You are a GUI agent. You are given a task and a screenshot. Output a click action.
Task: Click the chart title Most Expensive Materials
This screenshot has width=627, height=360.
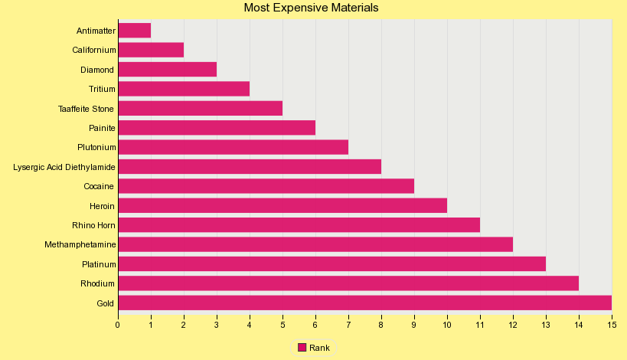pos(311,8)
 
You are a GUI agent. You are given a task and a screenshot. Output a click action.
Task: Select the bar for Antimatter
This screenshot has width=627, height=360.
pos(134,31)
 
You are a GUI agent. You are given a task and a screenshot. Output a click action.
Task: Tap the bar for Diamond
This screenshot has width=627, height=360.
pos(167,70)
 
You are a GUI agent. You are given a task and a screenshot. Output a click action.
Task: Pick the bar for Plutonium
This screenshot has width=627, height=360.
pos(233,147)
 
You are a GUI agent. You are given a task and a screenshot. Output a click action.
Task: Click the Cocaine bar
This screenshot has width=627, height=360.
pos(266,186)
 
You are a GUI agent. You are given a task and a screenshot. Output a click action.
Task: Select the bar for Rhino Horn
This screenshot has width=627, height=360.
pos(299,225)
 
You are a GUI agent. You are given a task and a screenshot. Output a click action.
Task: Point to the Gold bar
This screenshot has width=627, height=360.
pos(364,303)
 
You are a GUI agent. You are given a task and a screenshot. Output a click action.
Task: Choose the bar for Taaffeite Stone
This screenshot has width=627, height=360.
pos(200,108)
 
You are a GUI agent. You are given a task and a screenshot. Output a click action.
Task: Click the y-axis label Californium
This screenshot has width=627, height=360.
pos(94,51)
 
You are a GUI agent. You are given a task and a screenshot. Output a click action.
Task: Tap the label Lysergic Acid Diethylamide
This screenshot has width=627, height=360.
pos(64,167)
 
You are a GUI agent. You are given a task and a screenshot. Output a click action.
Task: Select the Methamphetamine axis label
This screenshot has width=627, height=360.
pos(80,244)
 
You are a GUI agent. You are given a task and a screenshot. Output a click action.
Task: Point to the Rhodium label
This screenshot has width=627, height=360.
pos(98,283)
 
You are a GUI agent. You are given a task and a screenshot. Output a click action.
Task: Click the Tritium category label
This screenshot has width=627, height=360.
pos(102,89)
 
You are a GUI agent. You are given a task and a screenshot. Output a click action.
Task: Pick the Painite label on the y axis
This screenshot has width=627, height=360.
pos(102,128)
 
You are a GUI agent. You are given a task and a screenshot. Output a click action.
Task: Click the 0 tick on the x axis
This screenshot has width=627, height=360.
pos(118,325)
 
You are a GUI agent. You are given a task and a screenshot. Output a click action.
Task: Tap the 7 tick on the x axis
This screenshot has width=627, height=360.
pos(348,325)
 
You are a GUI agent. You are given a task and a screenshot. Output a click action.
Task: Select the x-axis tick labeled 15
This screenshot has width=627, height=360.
pos(611,325)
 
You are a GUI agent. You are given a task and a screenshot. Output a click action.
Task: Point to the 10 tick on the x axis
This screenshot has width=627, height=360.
pos(447,325)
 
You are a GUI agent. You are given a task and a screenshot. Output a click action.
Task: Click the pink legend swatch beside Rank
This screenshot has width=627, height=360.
pos(302,348)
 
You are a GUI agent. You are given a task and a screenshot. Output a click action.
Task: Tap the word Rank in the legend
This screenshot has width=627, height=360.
pos(320,348)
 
